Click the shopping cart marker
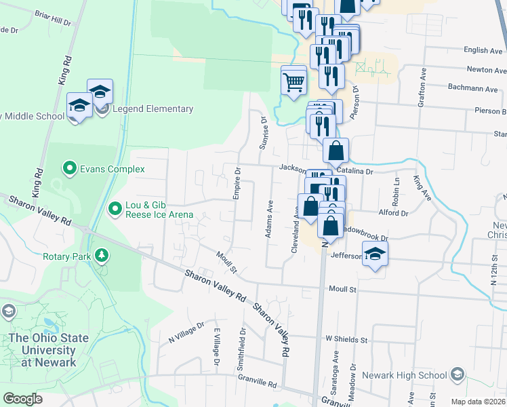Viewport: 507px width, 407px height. pos(293,81)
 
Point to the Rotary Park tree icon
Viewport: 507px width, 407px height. pos(102,256)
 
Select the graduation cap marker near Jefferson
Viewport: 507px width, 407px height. pos(373,255)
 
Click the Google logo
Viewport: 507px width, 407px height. pos(22,398)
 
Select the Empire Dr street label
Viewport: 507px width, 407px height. pos(237,183)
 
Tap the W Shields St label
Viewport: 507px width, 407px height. pos(346,339)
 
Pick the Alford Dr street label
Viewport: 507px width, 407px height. pos(394,212)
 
